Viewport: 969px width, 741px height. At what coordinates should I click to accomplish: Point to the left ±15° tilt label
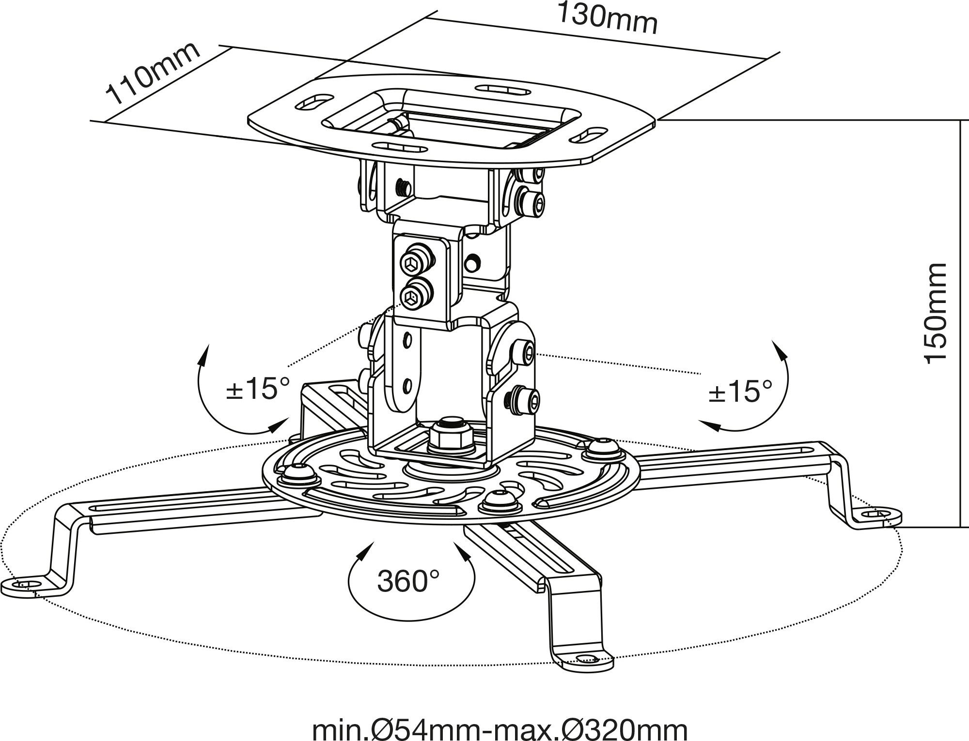coord(258,389)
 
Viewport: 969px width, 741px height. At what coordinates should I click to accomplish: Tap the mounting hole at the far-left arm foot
coord(28,584)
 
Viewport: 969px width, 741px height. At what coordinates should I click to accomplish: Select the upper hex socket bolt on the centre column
coord(415,263)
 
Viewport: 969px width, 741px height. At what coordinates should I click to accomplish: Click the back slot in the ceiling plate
coord(501,90)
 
